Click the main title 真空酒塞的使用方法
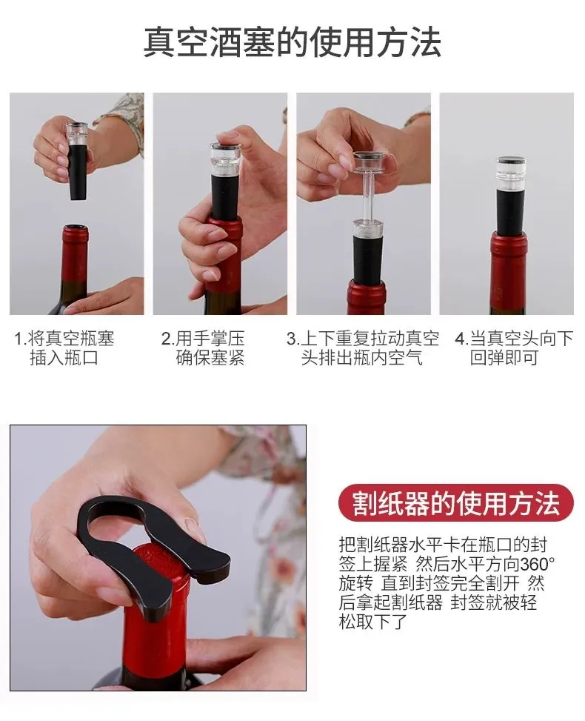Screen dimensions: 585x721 point(292,43)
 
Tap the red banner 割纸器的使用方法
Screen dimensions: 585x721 point(455,505)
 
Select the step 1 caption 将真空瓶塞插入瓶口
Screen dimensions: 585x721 point(64,348)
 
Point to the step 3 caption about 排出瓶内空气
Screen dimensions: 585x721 point(363,348)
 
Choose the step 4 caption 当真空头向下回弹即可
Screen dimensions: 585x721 point(514,348)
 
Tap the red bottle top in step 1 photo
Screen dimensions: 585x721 point(75,252)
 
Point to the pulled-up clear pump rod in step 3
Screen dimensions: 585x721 point(368,197)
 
